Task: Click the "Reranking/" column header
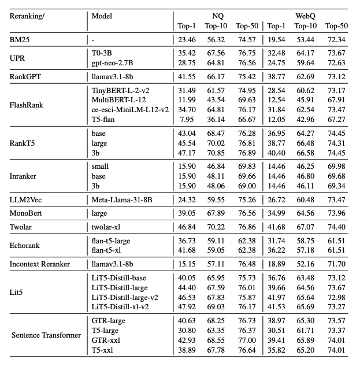click(x=27, y=14)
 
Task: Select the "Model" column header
click(x=102, y=14)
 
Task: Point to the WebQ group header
click(x=307, y=14)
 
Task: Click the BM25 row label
click(x=21, y=39)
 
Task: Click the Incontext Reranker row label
click(x=40, y=264)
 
